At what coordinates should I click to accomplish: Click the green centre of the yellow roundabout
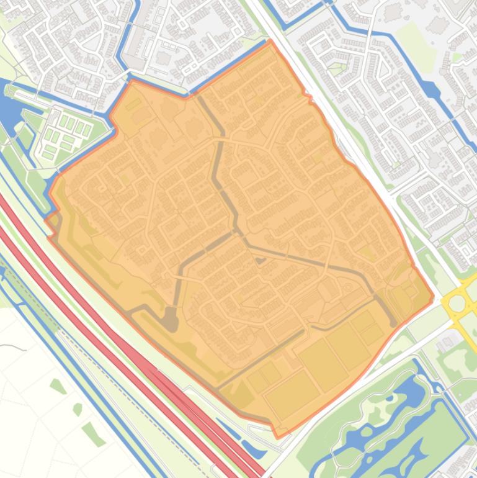[458, 304]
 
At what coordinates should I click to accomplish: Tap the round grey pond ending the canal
[169, 320]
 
